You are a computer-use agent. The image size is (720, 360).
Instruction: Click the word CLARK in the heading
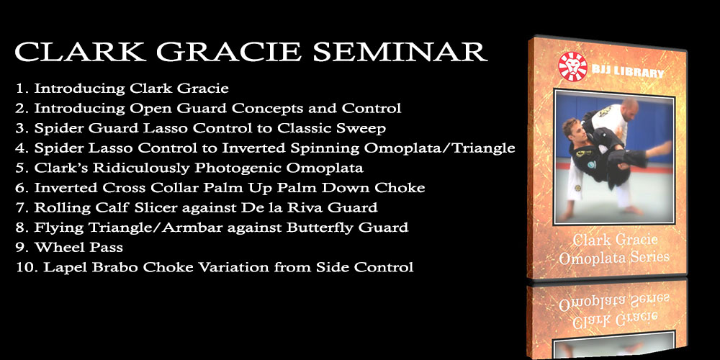79,52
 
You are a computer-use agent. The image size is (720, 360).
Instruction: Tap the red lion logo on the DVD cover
572,67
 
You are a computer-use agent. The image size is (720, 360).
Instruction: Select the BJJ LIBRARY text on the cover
628,73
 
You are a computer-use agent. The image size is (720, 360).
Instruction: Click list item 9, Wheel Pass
69,248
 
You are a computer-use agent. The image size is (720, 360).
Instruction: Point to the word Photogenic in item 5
235,168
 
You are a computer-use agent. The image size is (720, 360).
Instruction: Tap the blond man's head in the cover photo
575,131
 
